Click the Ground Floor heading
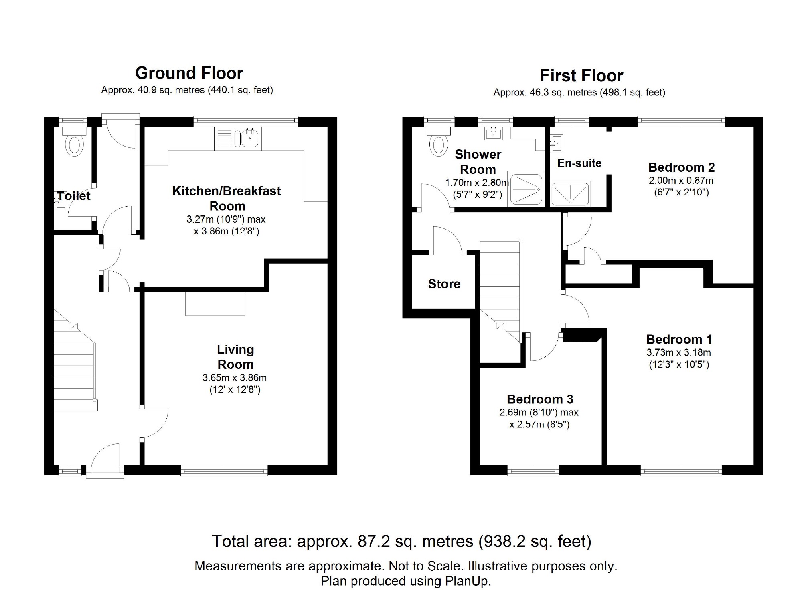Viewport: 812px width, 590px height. (189, 73)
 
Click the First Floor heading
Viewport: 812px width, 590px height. (581, 76)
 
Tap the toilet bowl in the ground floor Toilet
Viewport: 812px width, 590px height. (75, 145)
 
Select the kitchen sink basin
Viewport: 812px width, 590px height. (250, 139)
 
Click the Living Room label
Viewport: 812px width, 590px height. (235, 357)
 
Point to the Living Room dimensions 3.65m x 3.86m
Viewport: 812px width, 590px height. (235, 378)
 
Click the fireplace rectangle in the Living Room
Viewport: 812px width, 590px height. (215, 303)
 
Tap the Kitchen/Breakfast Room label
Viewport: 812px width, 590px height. (227, 198)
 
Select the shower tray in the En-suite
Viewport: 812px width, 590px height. (570, 194)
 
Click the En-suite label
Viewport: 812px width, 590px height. (579, 163)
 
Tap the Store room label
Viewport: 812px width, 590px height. (444, 284)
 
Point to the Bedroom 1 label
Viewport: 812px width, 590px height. (679, 340)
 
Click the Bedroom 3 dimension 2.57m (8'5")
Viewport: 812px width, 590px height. (539, 425)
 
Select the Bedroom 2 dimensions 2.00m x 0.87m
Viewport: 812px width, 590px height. (681, 181)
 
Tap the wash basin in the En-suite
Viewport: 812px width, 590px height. (557, 143)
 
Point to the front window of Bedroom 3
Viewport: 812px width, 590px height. (533, 470)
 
